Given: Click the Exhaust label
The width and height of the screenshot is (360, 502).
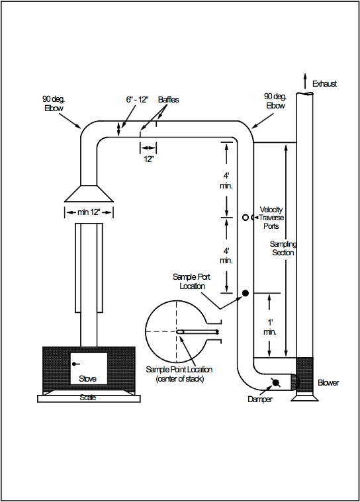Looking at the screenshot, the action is (x=324, y=84).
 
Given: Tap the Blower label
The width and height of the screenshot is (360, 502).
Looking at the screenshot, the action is (x=328, y=382).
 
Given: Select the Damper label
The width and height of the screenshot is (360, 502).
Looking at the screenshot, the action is (x=260, y=399).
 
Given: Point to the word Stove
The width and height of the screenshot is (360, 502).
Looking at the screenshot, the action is (x=88, y=379).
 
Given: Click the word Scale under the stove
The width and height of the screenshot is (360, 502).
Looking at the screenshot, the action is (x=88, y=397).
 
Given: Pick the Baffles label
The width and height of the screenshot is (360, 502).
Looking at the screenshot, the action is (x=168, y=100).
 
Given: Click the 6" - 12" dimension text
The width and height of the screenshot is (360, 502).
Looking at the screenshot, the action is (x=137, y=100).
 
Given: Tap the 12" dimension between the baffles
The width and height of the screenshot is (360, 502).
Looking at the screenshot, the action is (x=148, y=159).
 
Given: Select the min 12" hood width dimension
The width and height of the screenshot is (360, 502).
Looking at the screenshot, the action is (x=89, y=212).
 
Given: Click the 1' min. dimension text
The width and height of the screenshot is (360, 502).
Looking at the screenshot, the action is (x=270, y=327).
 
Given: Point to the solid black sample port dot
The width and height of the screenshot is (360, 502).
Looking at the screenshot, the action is (x=246, y=293).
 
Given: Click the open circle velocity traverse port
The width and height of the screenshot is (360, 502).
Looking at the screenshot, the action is (x=246, y=218).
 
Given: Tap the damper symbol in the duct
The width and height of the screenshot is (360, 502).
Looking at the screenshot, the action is (x=275, y=382).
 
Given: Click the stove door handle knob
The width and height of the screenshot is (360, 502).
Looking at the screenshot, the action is (x=73, y=364).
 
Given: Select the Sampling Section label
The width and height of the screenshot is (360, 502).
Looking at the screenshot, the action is (x=283, y=248).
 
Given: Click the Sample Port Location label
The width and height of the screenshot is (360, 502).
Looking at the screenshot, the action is (x=191, y=281).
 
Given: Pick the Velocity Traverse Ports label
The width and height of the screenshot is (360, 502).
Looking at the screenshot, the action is (x=271, y=218).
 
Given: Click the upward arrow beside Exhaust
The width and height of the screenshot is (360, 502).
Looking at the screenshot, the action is (x=304, y=81).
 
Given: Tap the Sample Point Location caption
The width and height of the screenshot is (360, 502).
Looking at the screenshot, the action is (x=179, y=374).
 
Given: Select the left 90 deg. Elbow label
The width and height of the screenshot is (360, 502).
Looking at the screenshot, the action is (x=54, y=104).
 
